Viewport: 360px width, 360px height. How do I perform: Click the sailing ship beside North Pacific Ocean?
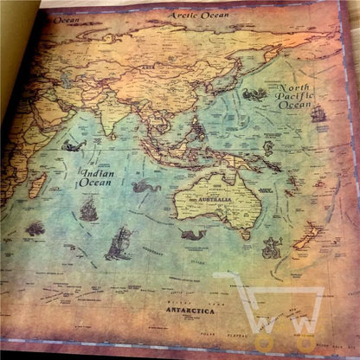point(318,113)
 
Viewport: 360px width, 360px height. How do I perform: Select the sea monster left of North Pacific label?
point(254,94)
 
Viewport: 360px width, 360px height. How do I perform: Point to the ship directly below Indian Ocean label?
point(88,209)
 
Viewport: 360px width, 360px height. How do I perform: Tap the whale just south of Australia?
point(192,235)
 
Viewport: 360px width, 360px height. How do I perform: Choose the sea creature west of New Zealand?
point(271,248)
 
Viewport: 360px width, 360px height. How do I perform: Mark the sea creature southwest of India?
point(73,145)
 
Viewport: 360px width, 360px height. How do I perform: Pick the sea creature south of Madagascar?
point(35,229)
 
